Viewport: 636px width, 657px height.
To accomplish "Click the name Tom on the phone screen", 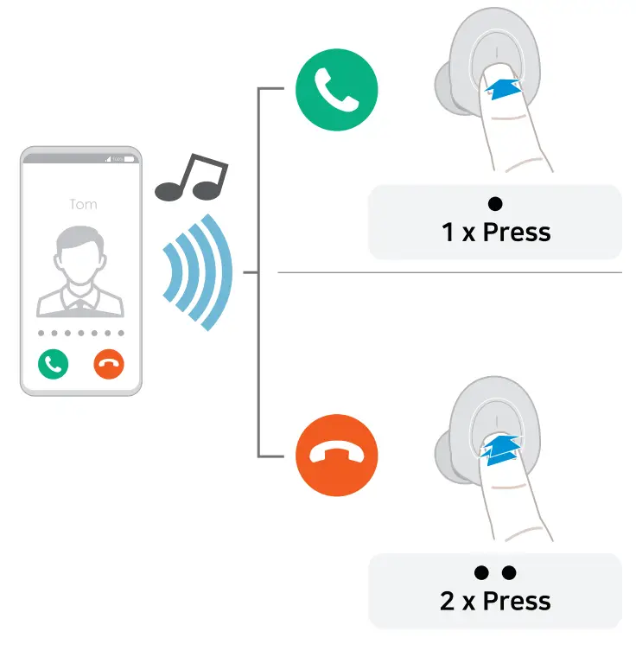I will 83,205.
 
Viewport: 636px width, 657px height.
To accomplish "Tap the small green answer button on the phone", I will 53,364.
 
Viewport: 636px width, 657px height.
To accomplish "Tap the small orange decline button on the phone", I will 109,364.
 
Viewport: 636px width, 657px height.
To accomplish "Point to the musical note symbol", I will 192,178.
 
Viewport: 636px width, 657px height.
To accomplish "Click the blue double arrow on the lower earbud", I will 502,450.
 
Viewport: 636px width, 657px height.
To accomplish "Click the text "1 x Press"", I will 496,232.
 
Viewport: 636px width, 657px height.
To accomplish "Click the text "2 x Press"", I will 495,600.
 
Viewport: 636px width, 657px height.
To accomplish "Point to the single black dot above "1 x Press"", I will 495,204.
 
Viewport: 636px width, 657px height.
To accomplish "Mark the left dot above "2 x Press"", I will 481,572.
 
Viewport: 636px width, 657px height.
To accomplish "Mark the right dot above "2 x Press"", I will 509,572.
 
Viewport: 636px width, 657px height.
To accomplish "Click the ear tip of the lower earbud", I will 443,443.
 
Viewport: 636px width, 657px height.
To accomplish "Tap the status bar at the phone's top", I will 80,159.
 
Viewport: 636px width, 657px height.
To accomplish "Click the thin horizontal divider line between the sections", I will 449,272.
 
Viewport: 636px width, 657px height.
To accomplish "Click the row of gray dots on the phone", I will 80,333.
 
